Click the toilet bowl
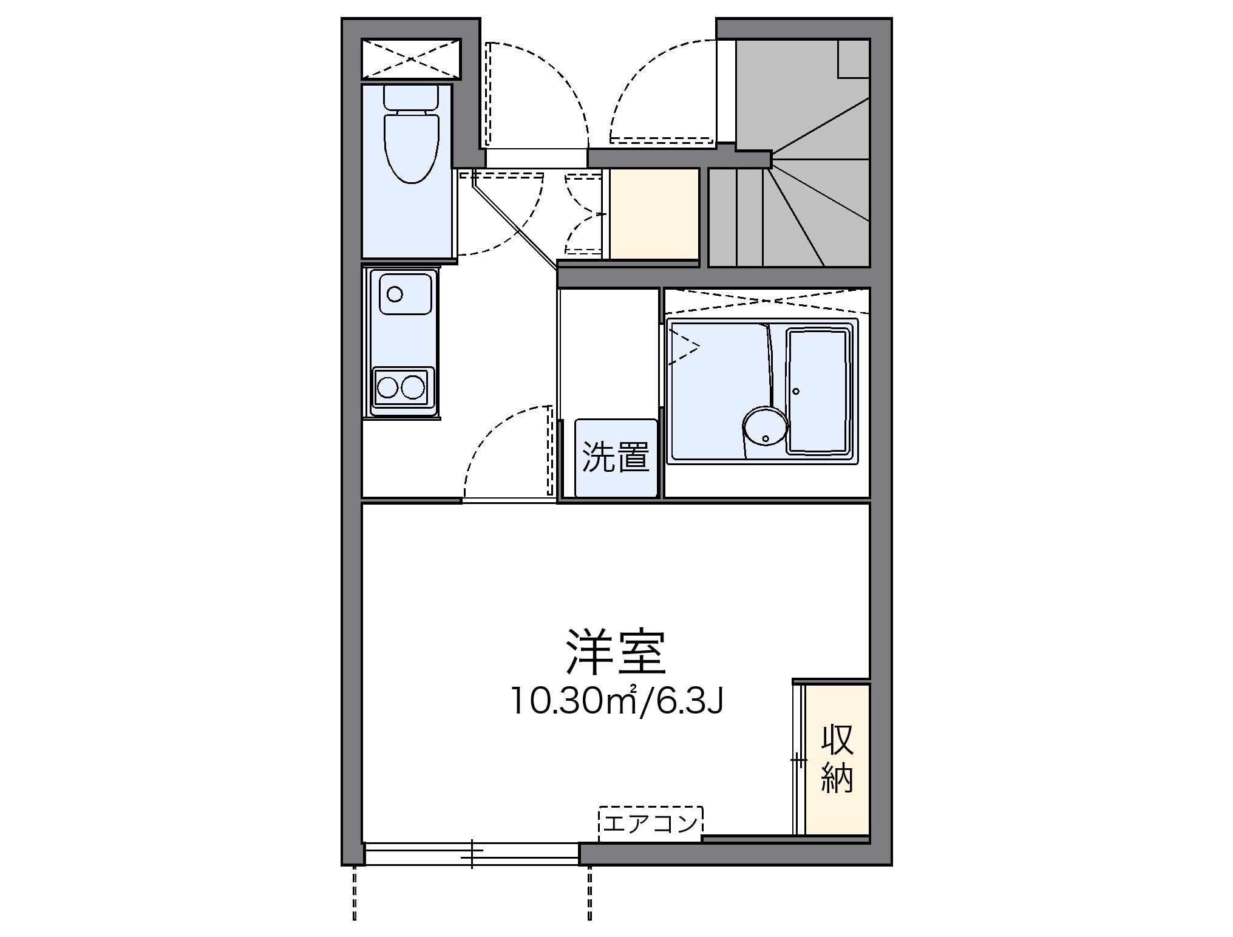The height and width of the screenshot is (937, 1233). (411, 148)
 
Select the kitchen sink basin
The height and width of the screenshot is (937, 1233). (406, 293)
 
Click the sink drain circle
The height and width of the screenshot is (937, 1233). (395, 295)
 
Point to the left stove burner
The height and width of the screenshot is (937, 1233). (387, 386)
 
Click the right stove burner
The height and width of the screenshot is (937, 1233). (413, 386)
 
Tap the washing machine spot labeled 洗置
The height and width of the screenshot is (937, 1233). (615, 457)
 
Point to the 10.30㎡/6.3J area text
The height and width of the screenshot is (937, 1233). (617, 701)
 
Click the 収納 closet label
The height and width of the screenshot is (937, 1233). (837, 759)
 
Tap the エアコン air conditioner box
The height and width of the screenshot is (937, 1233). (650, 823)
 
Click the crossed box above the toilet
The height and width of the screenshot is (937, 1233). (411, 59)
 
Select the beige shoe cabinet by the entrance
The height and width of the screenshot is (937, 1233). (654, 214)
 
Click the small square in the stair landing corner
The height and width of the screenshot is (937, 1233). (853, 58)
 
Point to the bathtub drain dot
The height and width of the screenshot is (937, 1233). (795, 391)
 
